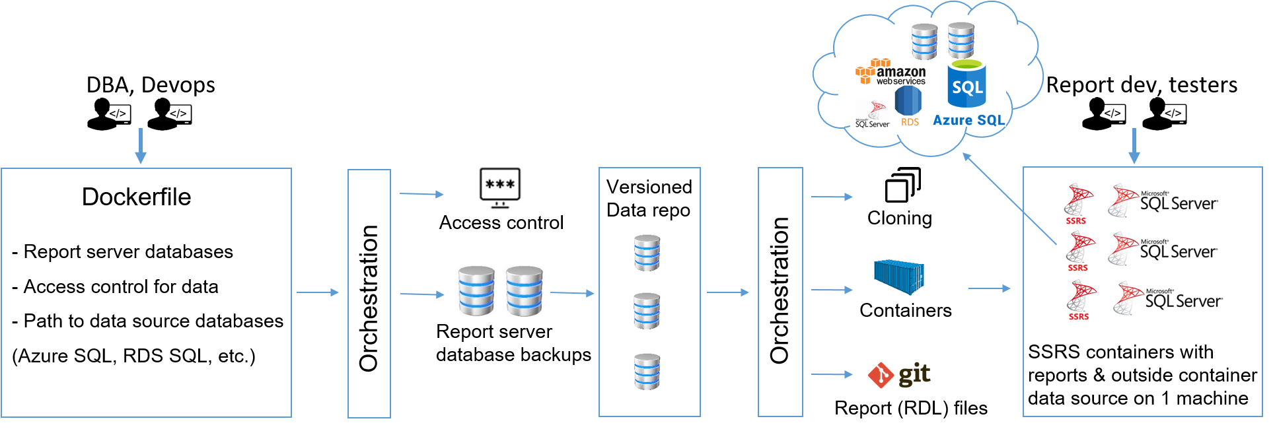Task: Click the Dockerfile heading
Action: [136, 197]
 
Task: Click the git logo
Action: [899, 375]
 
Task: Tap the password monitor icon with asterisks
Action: [499, 188]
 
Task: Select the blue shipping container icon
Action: [898, 277]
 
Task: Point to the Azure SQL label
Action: [968, 120]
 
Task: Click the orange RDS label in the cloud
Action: [910, 122]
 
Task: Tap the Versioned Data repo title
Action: [649, 198]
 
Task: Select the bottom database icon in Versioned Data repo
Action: [647, 372]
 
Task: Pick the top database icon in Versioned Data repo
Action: [647, 253]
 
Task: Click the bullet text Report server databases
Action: [127, 251]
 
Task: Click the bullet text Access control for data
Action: [120, 286]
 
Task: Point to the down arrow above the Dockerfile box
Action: [140, 146]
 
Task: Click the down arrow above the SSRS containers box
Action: [1134, 146]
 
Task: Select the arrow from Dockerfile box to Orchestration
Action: [318, 292]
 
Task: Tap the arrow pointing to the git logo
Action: [832, 374]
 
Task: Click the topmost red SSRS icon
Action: [1077, 203]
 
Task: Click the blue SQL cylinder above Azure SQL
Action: [966, 84]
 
